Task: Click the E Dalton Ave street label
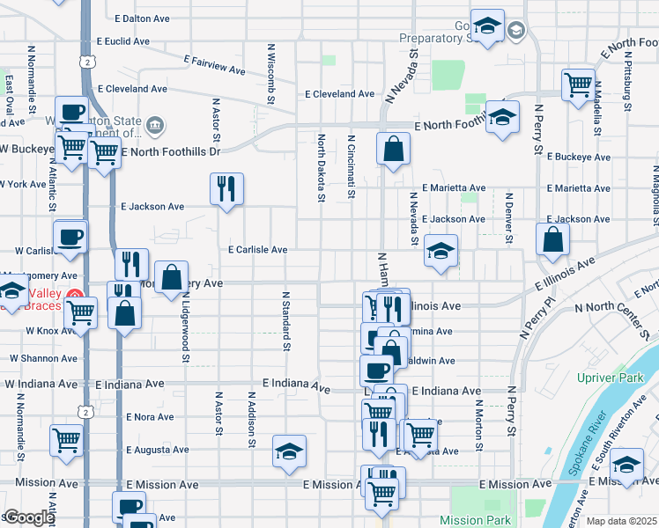(144, 18)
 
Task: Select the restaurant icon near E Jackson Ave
(226, 188)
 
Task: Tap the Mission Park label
(475, 520)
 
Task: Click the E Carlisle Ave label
(257, 250)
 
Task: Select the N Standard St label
(285, 321)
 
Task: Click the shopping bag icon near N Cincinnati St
(393, 149)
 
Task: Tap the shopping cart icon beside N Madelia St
(578, 85)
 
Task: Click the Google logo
(29, 517)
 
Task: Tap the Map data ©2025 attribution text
(620, 521)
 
